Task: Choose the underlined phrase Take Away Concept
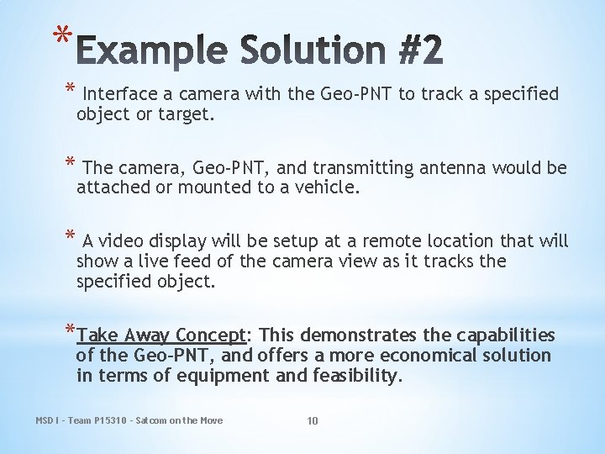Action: click(x=160, y=335)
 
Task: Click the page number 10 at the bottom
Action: click(x=312, y=420)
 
